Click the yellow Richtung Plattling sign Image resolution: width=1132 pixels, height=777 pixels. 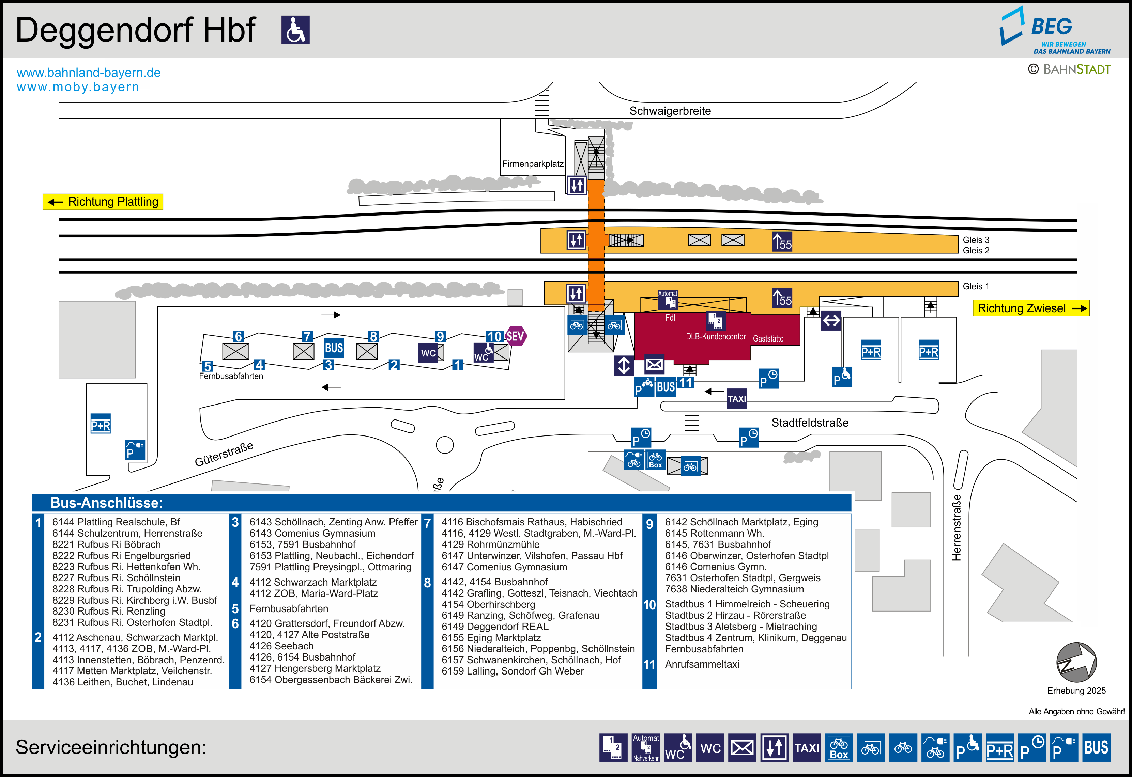point(103,202)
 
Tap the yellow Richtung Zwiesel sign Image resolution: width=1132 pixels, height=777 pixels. point(1031,308)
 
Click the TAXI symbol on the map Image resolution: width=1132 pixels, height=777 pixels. point(736,399)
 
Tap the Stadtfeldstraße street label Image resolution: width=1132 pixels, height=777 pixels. point(810,423)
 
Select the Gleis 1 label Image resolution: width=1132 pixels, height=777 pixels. point(976,286)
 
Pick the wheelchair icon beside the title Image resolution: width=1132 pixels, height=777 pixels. point(295,30)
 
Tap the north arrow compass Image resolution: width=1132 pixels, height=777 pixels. point(1076,662)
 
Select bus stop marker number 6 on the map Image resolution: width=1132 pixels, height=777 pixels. point(238,336)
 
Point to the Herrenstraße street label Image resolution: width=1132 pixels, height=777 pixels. point(957,528)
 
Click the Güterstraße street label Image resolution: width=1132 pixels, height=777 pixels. point(224,454)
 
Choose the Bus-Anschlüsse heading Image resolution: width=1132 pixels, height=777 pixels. point(107,503)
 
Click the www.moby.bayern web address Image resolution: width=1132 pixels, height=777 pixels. point(78,87)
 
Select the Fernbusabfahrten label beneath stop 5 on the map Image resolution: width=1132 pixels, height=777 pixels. point(231,376)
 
